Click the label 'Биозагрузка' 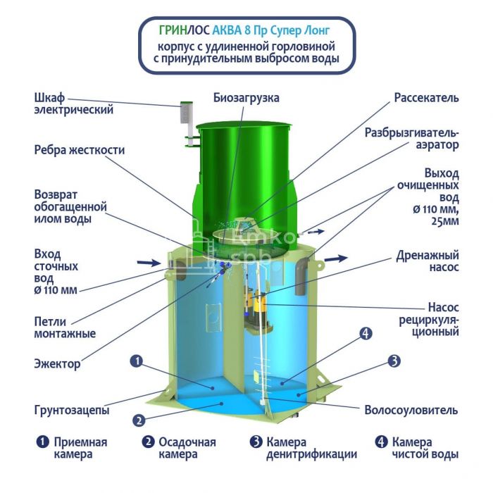click(246, 98)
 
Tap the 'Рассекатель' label click(426, 98)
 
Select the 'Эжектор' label click(57, 364)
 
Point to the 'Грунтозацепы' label click(72, 410)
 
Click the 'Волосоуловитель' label click(411, 410)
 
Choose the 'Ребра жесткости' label click(80, 150)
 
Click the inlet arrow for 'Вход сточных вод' click(149, 263)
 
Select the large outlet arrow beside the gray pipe click(336, 258)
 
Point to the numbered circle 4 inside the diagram click(366, 334)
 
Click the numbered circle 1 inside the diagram click(137, 361)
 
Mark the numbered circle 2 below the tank click(139, 420)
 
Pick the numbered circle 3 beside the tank click(394, 361)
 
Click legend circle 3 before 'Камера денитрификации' click(256, 442)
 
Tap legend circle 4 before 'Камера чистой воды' click(381, 442)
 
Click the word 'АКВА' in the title click(227, 30)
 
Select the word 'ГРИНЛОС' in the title click(185, 30)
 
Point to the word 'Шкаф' click(49, 98)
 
